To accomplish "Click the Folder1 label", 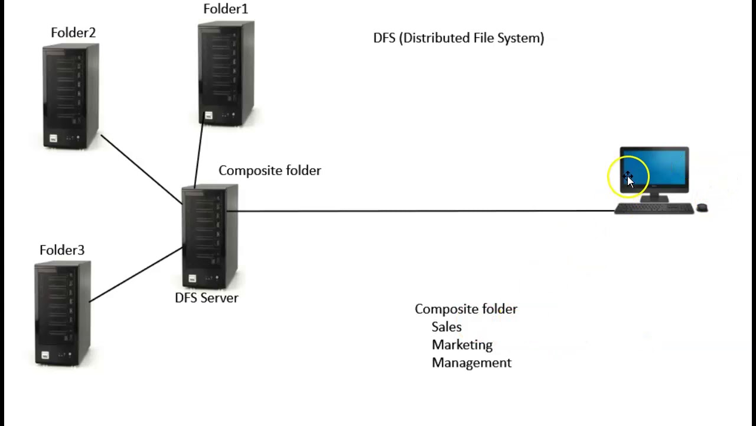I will tap(226, 9).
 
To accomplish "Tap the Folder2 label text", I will tap(73, 33).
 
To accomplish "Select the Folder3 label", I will tap(62, 250).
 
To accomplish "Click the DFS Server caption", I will tap(207, 298).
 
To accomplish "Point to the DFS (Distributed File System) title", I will tap(458, 38).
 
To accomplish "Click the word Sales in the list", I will tap(447, 327).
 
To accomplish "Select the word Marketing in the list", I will tap(462, 345).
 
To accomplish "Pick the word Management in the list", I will tap(471, 363).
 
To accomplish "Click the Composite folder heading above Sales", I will tap(466, 309).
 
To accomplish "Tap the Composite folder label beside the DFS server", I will tap(270, 170).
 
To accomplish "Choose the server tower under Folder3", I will tap(63, 314).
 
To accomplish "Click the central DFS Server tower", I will tap(210, 237).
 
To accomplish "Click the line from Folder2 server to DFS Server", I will tap(142, 169).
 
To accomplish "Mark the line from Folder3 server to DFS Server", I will tap(136, 275).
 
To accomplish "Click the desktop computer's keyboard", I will tap(654, 208).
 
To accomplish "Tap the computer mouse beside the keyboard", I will tap(702, 208).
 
